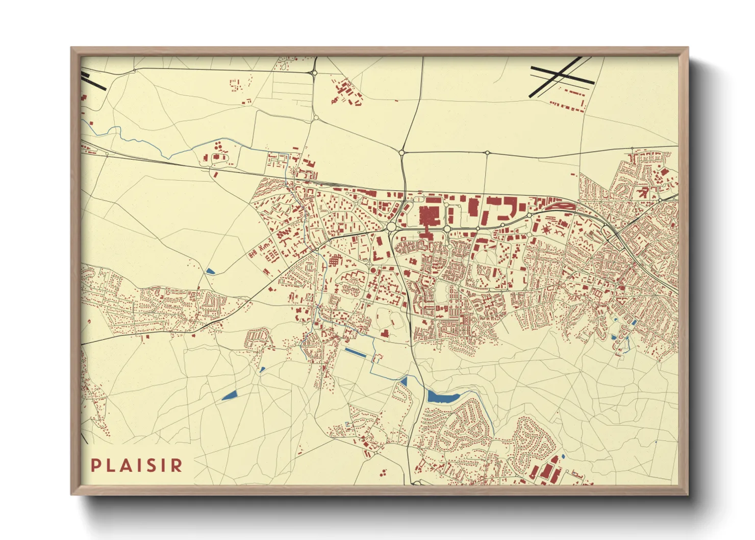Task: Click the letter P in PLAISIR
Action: tap(95, 465)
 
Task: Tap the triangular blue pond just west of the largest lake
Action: tap(404, 381)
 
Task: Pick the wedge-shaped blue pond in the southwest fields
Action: tap(230, 396)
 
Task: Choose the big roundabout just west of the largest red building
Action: tap(392, 226)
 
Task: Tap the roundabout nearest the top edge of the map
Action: tap(314, 73)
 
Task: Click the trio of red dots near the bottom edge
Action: tap(383, 473)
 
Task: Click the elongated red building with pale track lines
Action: tap(558, 206)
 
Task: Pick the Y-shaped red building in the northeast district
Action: tap(644, 192)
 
